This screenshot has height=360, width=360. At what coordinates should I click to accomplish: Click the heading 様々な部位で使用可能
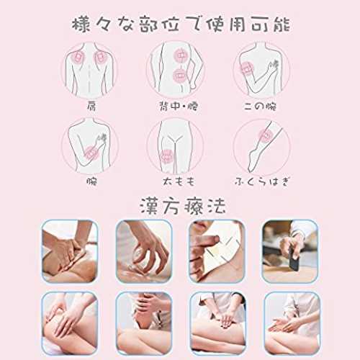tap(181, 24)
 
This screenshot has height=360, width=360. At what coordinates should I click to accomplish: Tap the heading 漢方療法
tap(183, 206)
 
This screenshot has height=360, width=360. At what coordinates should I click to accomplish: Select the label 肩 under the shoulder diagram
tap(91, 106)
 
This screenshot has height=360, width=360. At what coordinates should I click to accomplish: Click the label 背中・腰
tap(179, 106)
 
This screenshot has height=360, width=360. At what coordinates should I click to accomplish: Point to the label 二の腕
tap(261, 106)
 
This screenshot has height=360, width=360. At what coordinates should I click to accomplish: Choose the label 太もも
tap(179, 181)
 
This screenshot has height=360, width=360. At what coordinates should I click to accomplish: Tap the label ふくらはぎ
tap(262, 181)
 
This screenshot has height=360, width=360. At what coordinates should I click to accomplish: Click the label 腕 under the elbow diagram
tap(92, 181)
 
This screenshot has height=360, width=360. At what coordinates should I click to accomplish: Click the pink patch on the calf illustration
tap(266, 136)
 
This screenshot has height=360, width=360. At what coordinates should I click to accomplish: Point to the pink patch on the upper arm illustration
tap(247, 69)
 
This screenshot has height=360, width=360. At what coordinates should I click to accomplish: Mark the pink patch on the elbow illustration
tap(91, 153)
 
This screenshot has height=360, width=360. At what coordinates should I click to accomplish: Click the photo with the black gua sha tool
tap(291, 251)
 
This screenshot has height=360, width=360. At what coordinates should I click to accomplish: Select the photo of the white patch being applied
tap(217, 251)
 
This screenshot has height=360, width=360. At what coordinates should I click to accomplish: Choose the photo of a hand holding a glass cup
tap(144, 251)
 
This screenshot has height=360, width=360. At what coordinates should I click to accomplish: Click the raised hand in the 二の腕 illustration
tap(274, 65)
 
